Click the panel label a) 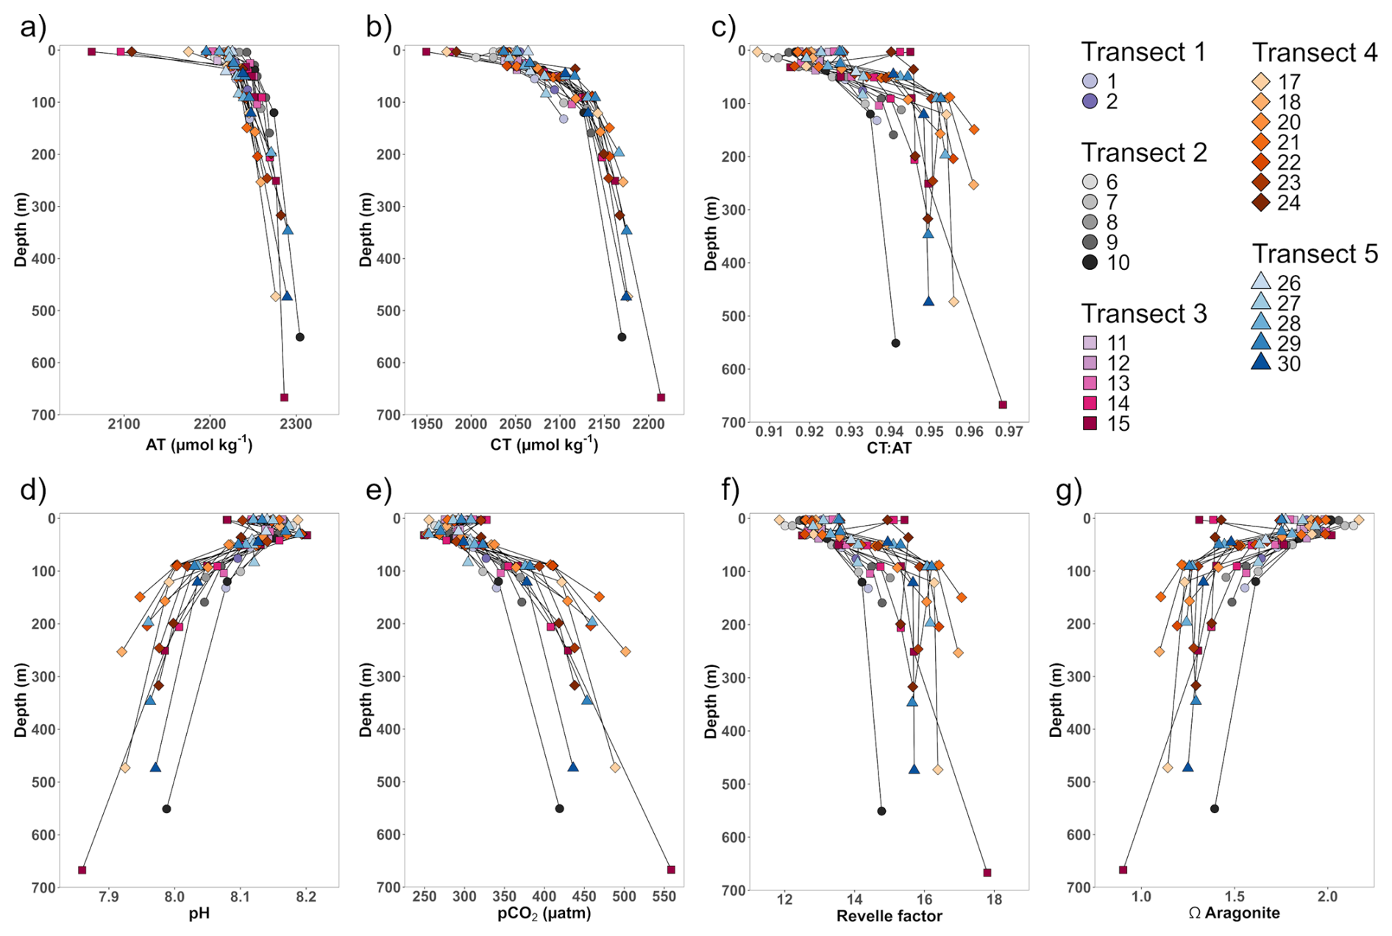pos(33,27)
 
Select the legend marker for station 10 pos(1090,262)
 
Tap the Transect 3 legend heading pos(1143,314)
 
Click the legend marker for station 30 pos(1261,362)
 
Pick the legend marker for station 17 pos(1261,82)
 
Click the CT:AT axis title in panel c pos(889,448)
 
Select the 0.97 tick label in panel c pos(1009,432)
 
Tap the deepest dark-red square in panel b pos(661,398)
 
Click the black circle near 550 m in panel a pos(299,337)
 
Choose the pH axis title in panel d pos(199,913)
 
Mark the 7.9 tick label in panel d pos(109,896)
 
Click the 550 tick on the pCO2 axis pos(664,896)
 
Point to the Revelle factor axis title pos(889,916)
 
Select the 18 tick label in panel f pos(994,899)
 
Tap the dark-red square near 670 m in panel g pos(1123,870)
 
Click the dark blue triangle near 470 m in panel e pos(573,767)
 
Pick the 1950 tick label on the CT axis pos(427,424)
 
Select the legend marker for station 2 pos(1090,101)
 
